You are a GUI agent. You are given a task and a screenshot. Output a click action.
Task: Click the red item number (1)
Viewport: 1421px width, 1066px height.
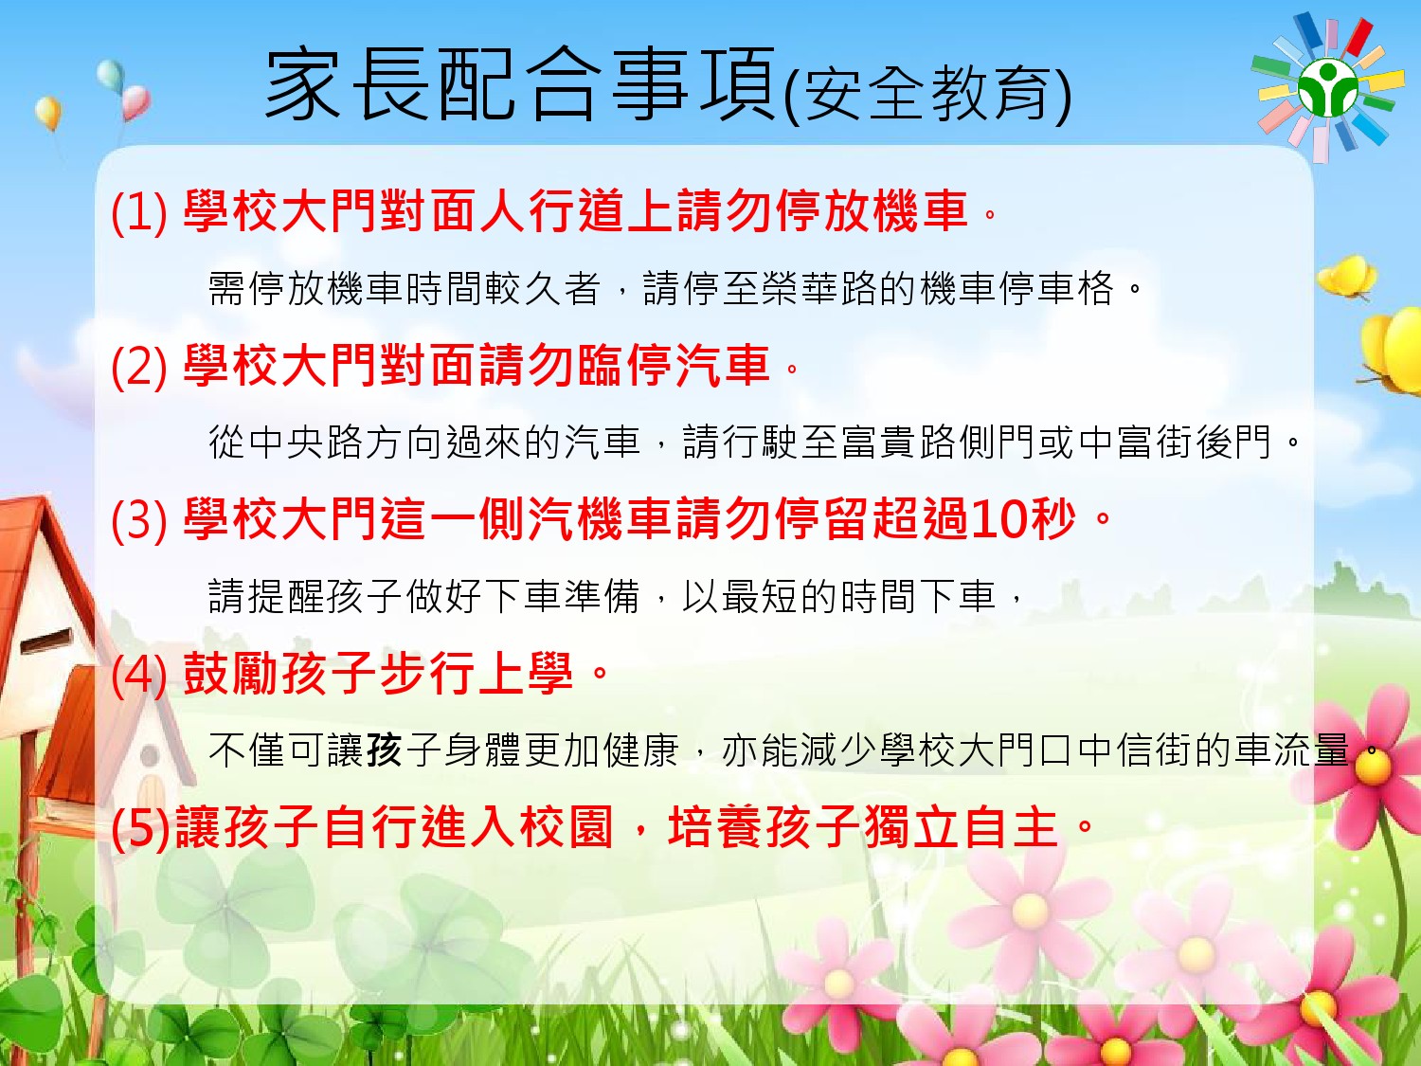139,212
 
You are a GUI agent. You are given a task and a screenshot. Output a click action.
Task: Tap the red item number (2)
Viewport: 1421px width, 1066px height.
139,367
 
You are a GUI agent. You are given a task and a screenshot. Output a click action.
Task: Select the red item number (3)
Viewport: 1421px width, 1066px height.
139,519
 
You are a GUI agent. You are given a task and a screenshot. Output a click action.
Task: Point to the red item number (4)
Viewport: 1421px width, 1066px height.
139,674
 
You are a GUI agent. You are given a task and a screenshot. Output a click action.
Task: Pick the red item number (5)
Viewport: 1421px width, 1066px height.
140,828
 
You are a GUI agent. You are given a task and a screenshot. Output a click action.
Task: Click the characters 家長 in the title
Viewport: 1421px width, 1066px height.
350,84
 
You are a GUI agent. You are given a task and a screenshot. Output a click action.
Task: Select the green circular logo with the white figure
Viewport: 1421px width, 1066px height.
1327,88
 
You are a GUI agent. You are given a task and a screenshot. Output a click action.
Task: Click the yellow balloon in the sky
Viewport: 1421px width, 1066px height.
48,113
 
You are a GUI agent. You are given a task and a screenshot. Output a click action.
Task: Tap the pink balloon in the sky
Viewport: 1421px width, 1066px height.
136,103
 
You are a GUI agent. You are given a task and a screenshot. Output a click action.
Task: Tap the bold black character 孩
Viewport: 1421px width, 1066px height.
384,750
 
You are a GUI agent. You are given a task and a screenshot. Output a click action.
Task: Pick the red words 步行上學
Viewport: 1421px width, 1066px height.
477,674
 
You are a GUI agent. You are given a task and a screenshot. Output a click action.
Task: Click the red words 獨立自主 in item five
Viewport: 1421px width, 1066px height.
961,828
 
